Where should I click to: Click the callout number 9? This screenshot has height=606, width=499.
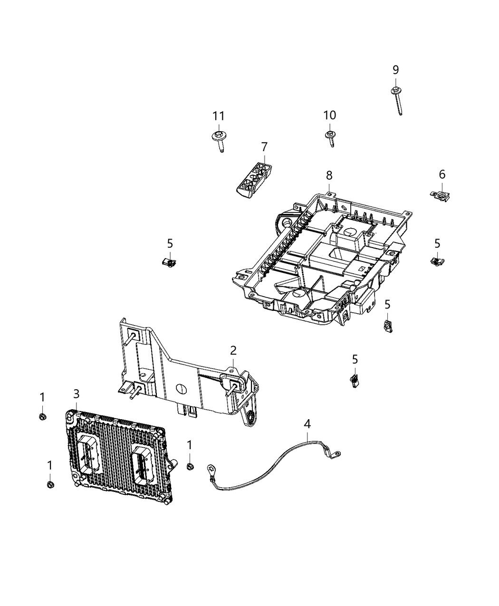[395, 70]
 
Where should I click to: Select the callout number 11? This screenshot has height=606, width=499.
[218, 116]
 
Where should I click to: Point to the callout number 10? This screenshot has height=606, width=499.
[329, 115]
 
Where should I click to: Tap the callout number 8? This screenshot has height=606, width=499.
[329, 175]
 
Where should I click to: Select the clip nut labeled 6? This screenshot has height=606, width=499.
[441, 195]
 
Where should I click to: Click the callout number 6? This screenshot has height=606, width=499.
[442, 174]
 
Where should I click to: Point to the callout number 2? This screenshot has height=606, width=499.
[233, 351]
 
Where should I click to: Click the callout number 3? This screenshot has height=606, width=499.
[76, 394]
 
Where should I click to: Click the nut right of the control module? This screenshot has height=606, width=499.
[190, 466]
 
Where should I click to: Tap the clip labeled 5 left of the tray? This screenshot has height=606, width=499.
[168, 261]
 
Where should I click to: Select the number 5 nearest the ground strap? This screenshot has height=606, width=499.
[355, 359]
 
